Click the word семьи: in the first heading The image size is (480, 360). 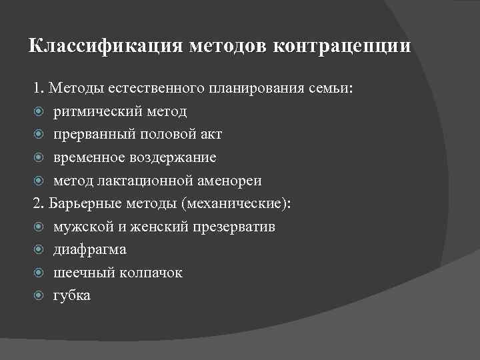[337, 88]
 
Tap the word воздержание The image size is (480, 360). [175, 158]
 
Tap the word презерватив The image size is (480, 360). [233, 227]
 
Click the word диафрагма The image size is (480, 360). [90, 250]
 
